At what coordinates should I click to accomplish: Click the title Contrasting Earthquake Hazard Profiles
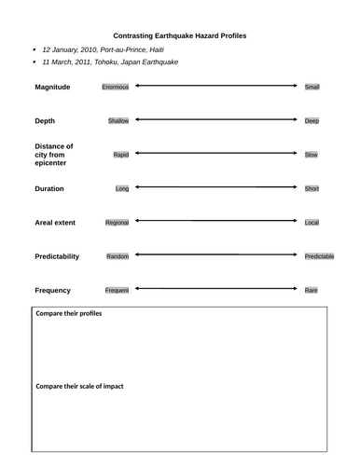180,34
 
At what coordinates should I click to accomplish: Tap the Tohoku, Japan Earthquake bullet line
111,62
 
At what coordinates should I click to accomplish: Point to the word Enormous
116,87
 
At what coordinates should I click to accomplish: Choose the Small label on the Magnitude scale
312,87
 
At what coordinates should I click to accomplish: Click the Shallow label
118,121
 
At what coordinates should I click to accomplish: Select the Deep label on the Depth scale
312,121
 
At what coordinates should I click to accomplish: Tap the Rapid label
120,155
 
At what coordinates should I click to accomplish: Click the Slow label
312,155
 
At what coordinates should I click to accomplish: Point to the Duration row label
53,188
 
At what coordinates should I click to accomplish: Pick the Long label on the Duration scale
122,188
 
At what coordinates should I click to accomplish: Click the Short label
312,188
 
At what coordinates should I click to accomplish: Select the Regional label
117,223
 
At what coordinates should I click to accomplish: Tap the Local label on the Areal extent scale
312,223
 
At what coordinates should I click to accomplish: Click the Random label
118,256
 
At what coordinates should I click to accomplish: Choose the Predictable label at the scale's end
319,256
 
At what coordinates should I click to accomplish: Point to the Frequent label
117,290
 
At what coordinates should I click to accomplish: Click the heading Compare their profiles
68,314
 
